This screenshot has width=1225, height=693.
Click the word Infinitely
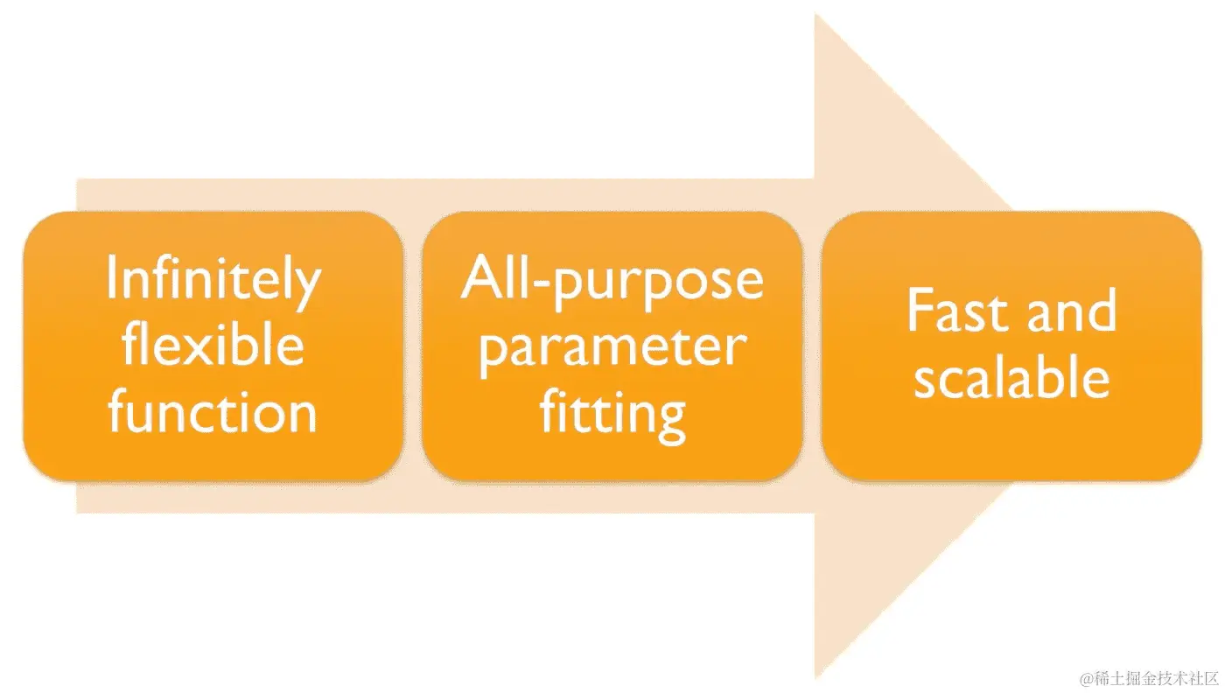[213, 280]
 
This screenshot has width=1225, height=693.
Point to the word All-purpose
[612, 280]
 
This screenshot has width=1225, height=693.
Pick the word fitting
[612, 413]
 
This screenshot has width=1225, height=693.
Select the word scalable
[1011, 378]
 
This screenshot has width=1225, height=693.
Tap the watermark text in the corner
[1149, 678]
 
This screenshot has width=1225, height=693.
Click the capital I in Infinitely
[111, 279]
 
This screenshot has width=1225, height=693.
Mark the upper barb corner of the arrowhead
[815, 16]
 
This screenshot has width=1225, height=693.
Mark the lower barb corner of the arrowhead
[815, 678]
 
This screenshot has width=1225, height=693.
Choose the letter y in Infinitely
[307, 289]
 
